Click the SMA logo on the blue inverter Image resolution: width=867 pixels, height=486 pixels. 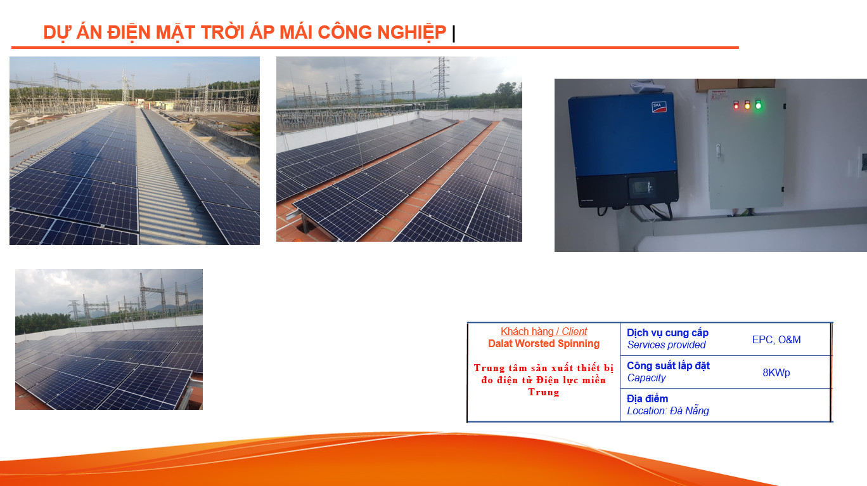[x=658, y=107]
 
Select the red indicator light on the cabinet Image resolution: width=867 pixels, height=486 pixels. [x=736, y=105]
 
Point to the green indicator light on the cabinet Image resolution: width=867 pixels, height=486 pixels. [x=758, y=105]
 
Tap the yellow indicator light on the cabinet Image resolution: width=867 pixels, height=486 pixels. [x=747, y=105]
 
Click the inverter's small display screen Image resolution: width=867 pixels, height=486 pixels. [x=641, y=188]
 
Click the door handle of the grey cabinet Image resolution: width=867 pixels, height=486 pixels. [x=718, y=151]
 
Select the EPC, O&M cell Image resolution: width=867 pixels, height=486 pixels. [x=776, y=340]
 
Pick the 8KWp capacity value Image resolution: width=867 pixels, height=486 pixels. [x=776, y=373]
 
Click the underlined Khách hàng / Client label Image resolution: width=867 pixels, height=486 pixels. [x=543, y=332]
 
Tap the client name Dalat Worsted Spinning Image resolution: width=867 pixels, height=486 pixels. [x=543, y=344]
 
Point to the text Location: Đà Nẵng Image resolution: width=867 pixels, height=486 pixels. [x=667, y=410]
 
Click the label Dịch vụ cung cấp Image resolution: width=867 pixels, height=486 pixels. [x=667, y=333]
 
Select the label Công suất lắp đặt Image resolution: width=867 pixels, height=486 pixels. [x=668, y=366]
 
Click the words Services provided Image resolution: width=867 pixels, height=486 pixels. [x=666, y=345]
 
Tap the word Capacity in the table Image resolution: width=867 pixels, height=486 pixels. [x=646, y=378]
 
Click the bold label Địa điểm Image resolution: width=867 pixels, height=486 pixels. [x=647, y=398]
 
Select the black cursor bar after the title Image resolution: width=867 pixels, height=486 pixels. [x=454, y=34]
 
